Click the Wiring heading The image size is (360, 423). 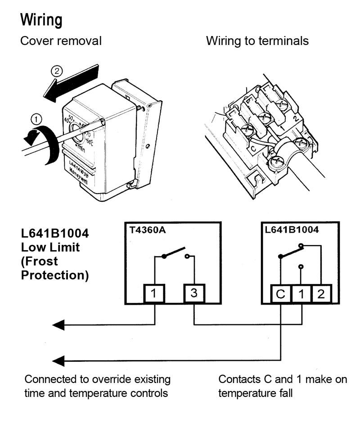click(41, 20)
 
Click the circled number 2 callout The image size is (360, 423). click(57, 71)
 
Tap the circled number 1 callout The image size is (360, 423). click(36, 119)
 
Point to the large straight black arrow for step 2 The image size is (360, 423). click(71, 83)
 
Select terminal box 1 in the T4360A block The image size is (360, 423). click(154, 293)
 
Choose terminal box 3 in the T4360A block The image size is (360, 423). click(194, 293)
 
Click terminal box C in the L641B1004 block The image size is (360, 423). click(281, 294)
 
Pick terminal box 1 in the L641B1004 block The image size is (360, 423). click(301, 294)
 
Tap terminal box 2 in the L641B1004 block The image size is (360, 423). click(321, 294)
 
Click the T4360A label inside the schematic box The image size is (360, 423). click(148, 230)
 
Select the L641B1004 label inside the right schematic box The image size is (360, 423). click(292, 229)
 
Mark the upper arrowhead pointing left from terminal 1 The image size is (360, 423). click(58, 325)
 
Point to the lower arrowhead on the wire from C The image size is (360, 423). click(58, 361)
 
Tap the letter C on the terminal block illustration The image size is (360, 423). click(253, 148)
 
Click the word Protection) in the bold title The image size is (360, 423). click(55, 275)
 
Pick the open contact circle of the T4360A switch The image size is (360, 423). click(187, 256)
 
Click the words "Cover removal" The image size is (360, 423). click(61, 41)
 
